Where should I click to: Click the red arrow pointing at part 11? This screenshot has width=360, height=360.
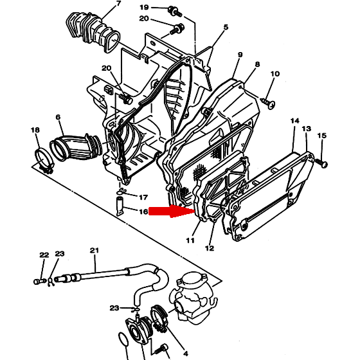click(x=172, y=212)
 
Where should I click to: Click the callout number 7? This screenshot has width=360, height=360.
click(x=118, y=4)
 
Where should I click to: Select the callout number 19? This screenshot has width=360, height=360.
click(x=144, y=7)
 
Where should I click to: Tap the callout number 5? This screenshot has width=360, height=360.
click(x=226, y=27)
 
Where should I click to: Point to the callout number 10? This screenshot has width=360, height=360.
click(x=275, y=74)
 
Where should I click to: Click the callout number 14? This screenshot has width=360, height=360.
click(x=295, y=121)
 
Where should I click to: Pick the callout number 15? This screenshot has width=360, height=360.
click(x=322, y=136)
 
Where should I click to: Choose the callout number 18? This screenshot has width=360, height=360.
click(x=35, y=130)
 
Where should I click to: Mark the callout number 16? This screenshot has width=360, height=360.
click(x=144, y=212)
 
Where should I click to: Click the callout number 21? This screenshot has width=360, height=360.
click(x=94, y=250)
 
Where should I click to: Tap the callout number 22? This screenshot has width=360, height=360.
click(x=44, y=255)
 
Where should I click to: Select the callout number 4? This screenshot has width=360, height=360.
click(x=186, y=354)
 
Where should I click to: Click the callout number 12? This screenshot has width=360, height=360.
click(x=210, y=248)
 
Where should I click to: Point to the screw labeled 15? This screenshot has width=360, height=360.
click(x=321, y=163)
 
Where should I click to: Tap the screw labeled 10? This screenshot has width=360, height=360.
click(x=268, y=102)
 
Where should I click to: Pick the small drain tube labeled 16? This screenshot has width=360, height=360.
click(x=120, y=206)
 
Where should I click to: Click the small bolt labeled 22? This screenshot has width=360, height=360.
click(x=39, y=282)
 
